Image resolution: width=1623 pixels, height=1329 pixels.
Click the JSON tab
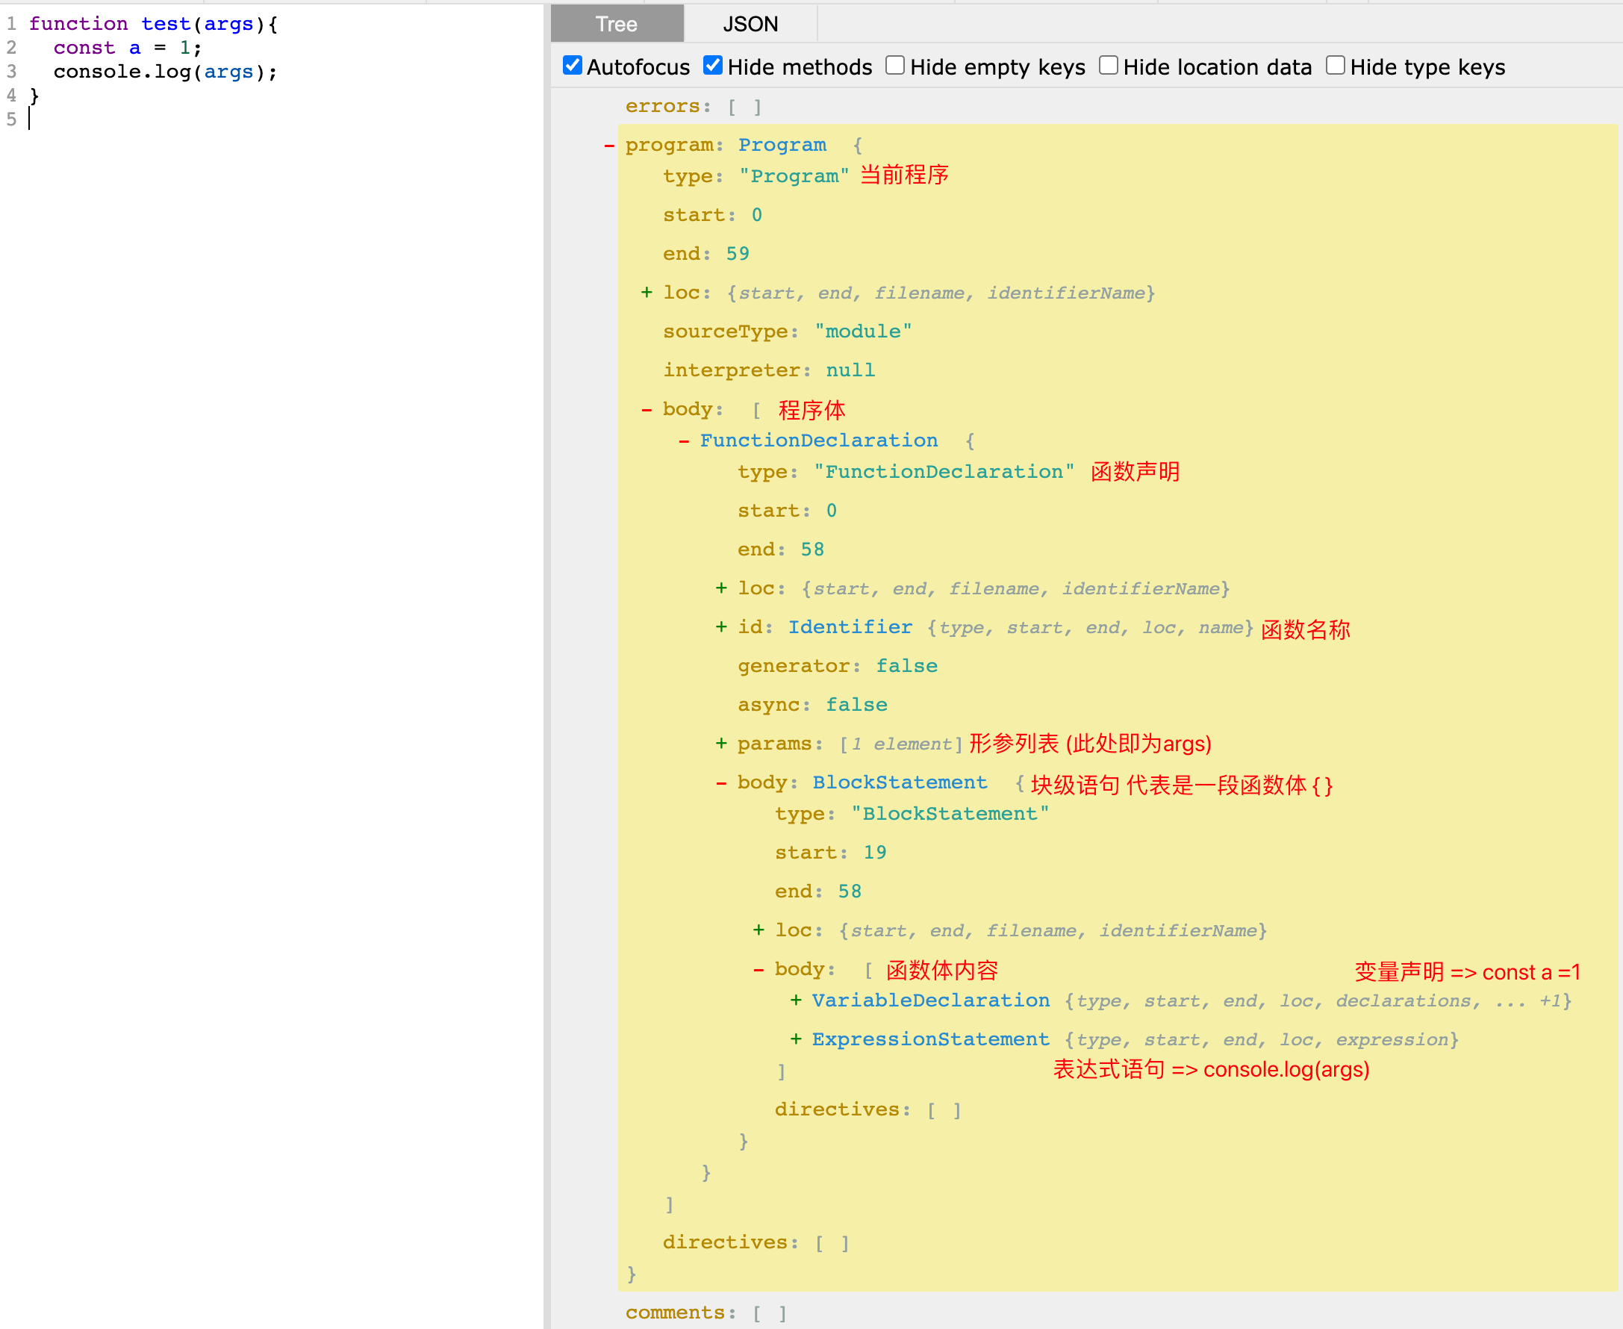click(750, 24)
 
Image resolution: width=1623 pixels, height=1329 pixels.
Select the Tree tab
click(617, 24)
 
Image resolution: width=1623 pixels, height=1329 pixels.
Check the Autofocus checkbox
click(573, 65)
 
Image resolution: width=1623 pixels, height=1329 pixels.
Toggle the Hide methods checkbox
click(713, 65)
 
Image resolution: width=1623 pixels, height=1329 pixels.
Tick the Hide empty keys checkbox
click(895, 65)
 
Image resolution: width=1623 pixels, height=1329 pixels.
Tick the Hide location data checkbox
click(1109, 65)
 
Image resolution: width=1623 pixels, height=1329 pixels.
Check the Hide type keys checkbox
click(1335, 65)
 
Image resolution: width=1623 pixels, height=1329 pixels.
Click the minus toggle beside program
click(609, 146)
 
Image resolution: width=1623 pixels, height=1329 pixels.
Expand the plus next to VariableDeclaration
click(796, 1000)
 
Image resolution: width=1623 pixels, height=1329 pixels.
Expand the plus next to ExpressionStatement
click(796, 1039)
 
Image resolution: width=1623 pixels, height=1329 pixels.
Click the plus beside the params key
click(721, 744)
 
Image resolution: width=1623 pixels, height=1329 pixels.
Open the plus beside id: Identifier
click(721, 627)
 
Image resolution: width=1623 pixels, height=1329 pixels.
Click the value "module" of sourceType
click(864, 332)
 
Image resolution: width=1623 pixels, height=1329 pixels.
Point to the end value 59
click(738, 253)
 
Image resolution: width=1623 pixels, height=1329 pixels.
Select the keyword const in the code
click(84, 49)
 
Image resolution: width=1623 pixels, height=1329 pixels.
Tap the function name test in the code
click(166, 25)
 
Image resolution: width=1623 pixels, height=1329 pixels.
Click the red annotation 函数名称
click(1305, 629)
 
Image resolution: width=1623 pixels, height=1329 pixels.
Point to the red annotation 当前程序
click(904, 175)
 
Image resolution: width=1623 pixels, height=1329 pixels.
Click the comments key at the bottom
click(674, 1312)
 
